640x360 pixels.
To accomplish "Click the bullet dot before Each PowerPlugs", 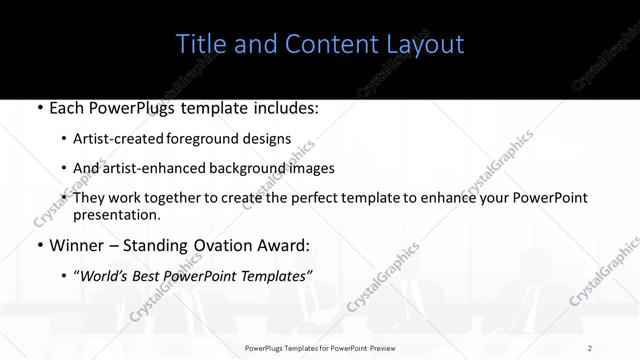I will tap(38, 109).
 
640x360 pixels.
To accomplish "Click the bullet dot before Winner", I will tap(38, 244).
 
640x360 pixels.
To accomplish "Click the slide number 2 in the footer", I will tap(590, 348).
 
